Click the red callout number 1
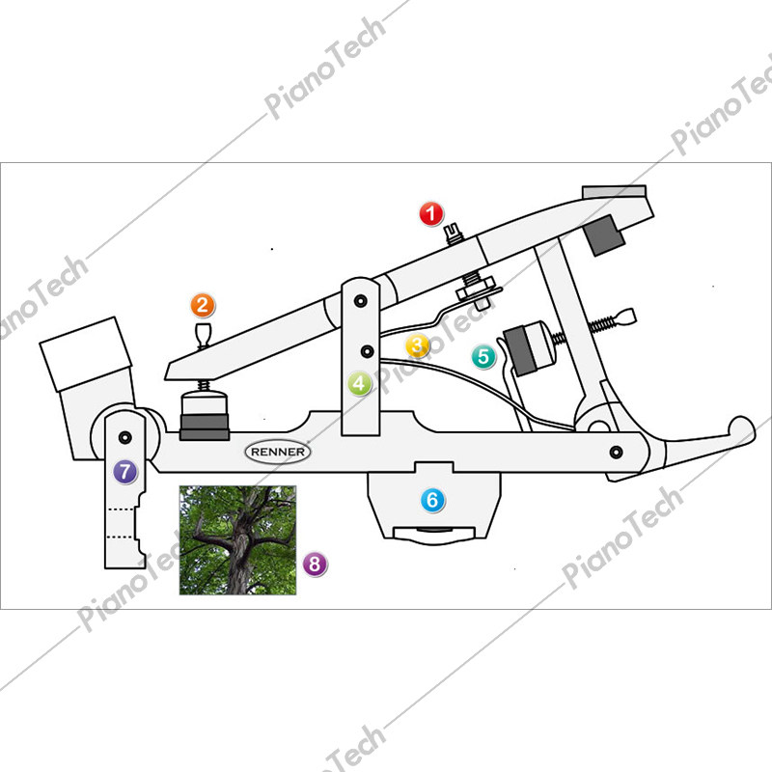coord(431,214)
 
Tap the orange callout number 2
coord(203,305)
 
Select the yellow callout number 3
coord(418,345)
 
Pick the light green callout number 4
coord(359,383)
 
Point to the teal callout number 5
coord(483,356)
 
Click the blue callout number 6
coord(432,500)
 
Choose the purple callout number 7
coord(125,472)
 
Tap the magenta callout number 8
coord(316,564)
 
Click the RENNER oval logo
coord(278,452)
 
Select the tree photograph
coord(237,540)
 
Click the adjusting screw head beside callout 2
coord(203,334)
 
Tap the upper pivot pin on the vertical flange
coord(361,300)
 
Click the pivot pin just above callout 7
coord(125,437)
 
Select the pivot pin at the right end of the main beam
coord(616,452)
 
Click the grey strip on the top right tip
coord(614,191)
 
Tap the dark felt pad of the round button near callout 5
coord(520,351)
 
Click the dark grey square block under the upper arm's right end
coord(604,235)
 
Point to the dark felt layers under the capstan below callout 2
coord(205,427)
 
